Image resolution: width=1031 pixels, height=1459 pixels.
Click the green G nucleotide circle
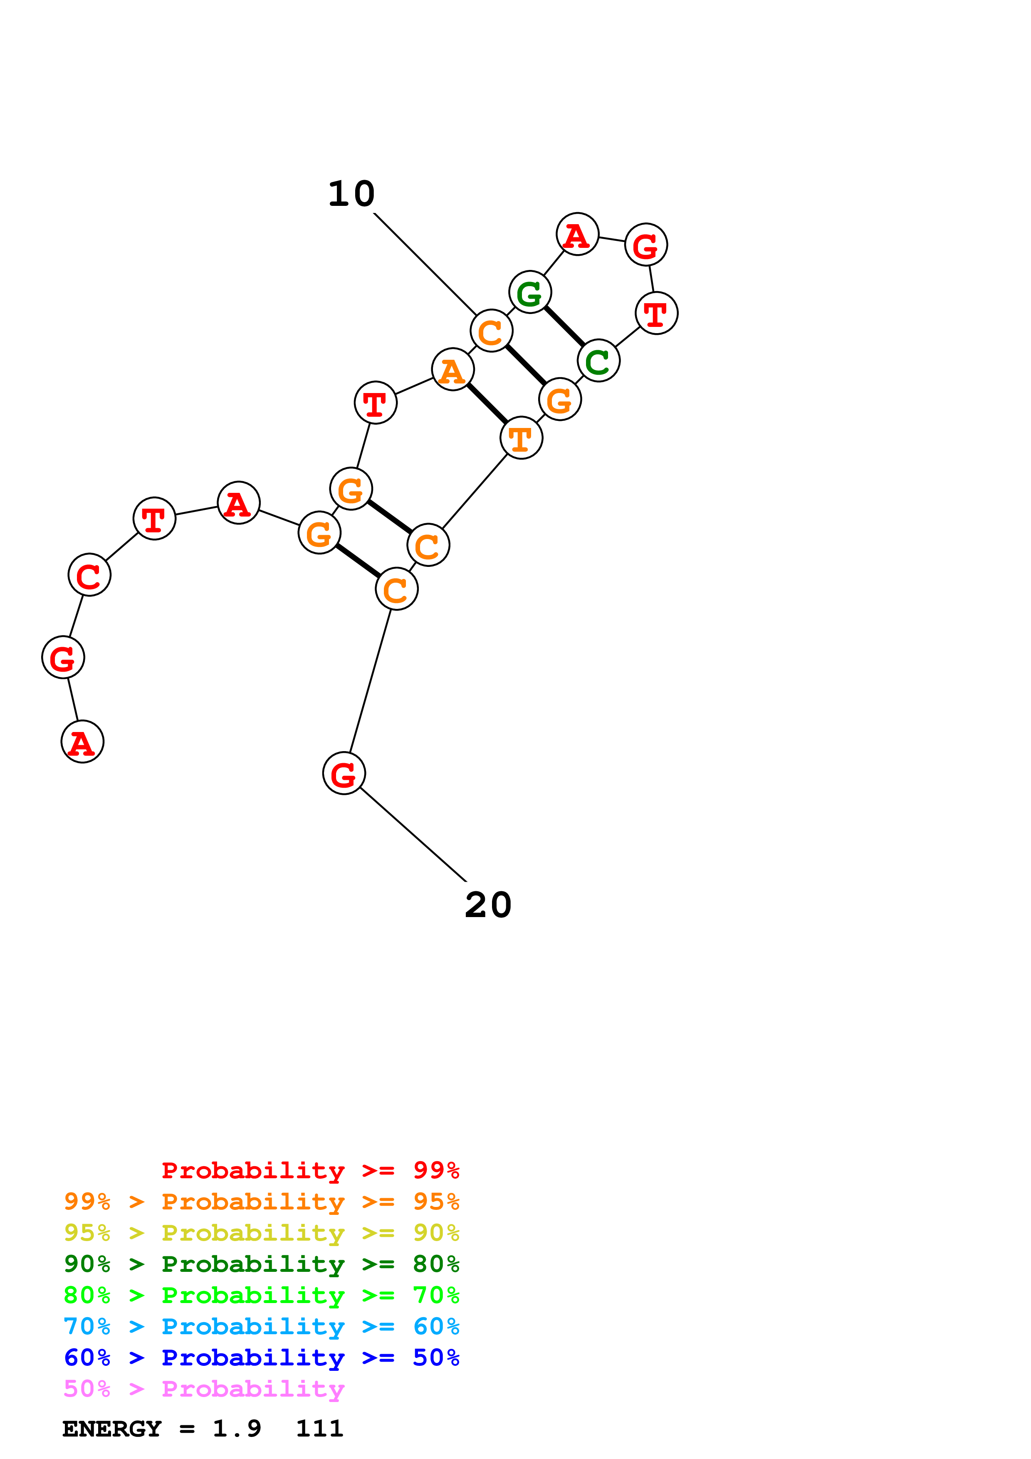[530, 292]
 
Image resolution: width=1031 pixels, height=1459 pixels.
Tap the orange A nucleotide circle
[452, 370]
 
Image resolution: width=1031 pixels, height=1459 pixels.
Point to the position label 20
[488, 905]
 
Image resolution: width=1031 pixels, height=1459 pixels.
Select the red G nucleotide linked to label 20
[344, 773]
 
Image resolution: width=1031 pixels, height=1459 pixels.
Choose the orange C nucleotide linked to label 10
[491, 331]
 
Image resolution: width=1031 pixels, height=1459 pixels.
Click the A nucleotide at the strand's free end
[83, 742]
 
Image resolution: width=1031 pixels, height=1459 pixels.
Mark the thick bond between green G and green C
[564, 326]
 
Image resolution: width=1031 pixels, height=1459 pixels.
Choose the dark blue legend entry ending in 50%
[262, 1358]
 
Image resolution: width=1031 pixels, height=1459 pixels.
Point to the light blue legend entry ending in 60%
[262, 1326]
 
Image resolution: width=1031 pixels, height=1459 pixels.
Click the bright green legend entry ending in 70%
[262, 1295]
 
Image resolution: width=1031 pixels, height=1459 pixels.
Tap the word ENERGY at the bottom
[112, 1429]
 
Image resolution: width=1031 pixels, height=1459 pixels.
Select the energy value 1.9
[236, 1429]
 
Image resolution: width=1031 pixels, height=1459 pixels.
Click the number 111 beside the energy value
[319, 1429]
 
